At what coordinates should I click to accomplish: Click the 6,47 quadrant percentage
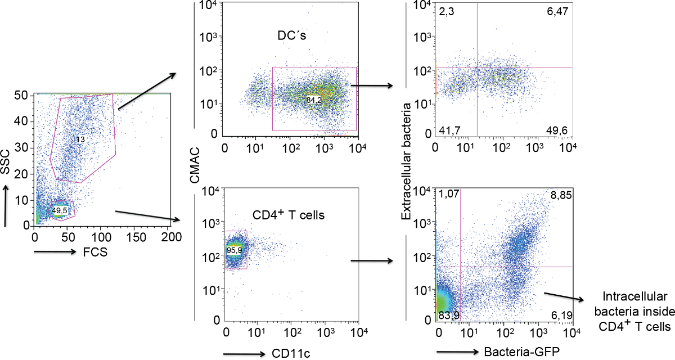pyautogui.click(x=558, y=9)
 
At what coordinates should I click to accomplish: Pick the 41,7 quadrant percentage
pyautogui.click(x=447, y=130)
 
